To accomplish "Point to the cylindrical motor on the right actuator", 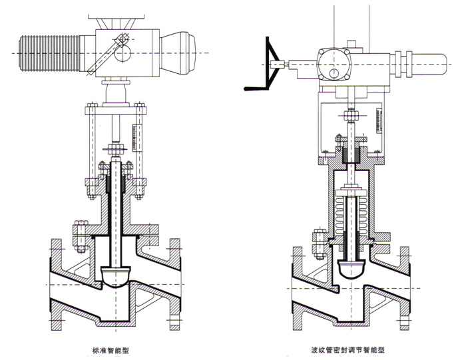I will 426,63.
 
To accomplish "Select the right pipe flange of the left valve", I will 176,286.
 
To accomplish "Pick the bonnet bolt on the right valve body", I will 318,245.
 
